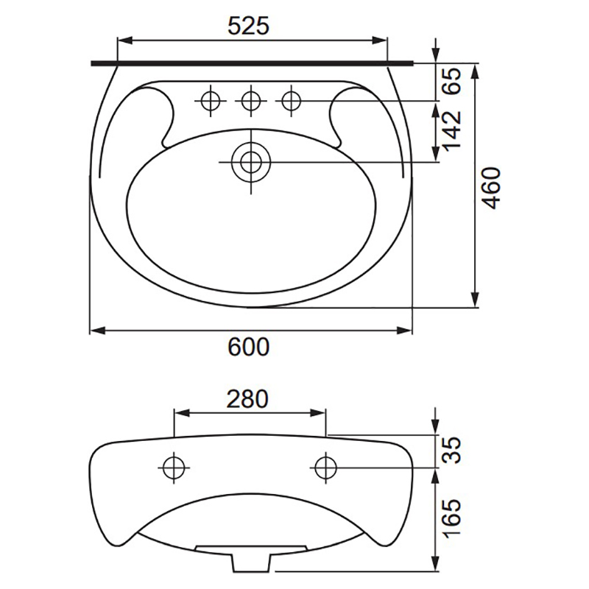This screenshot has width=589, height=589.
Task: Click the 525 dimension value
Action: coord(249,26)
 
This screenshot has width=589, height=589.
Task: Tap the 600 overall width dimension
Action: coord(249,347)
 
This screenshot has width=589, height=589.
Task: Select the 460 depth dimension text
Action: coord(492,188)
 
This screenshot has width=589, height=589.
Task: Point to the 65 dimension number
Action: coord(451,81)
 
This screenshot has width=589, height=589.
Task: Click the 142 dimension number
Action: coord(451,130)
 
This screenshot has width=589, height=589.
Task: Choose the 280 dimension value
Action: coord(247,399)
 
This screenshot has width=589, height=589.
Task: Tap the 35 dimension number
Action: coord(451,450)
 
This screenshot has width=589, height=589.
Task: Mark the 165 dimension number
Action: coord(451,518)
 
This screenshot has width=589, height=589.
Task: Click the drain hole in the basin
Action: coord(251,162)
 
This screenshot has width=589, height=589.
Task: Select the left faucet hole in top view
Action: coord(211,101)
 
